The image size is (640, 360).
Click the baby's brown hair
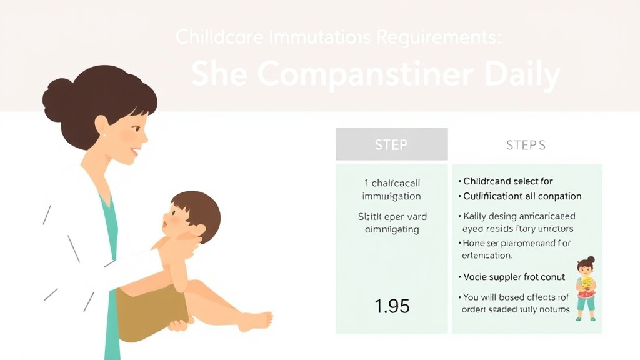[199, 209]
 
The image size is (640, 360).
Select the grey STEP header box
[391, 144]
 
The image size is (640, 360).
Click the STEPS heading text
[526, 145]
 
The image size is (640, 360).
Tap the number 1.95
[392, 306]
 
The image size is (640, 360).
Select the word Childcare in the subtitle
[211, 37]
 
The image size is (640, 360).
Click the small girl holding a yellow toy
[586, 288]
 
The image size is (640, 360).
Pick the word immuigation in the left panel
[391, 196]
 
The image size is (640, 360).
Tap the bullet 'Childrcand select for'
[508, 181]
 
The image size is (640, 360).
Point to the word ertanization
[487, 256]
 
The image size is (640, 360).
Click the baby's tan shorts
[150, 306]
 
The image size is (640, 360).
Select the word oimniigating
[391, 229]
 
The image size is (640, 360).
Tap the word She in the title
[220, 76]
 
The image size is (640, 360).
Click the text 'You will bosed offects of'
[516, 297]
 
